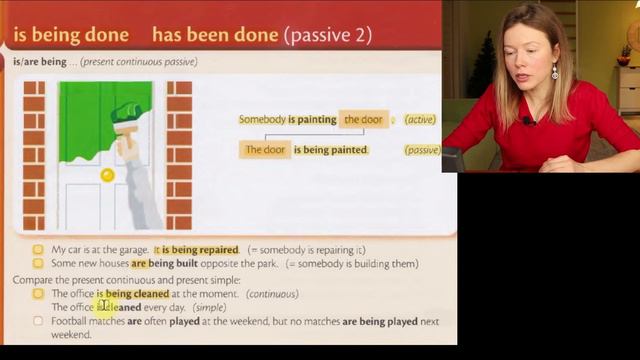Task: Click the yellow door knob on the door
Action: click(107, 175)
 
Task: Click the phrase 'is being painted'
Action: click(331, 150)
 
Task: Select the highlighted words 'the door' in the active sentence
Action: click(363, 120)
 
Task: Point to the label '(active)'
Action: click(420, 120)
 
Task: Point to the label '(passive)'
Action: click(422, 150)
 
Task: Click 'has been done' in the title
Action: click(215, 35)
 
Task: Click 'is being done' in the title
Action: click(71, 35)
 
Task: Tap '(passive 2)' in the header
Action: click(328, 35)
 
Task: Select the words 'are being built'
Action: click(167, 264)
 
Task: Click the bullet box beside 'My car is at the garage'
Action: click(38, 249)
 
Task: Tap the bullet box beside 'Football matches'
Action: click(38, 322)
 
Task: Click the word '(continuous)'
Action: click(272, 294)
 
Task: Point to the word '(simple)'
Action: click(209, 308)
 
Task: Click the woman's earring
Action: click(555, 72)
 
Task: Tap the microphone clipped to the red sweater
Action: click(527, 120)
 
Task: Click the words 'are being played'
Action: click(381, 322)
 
